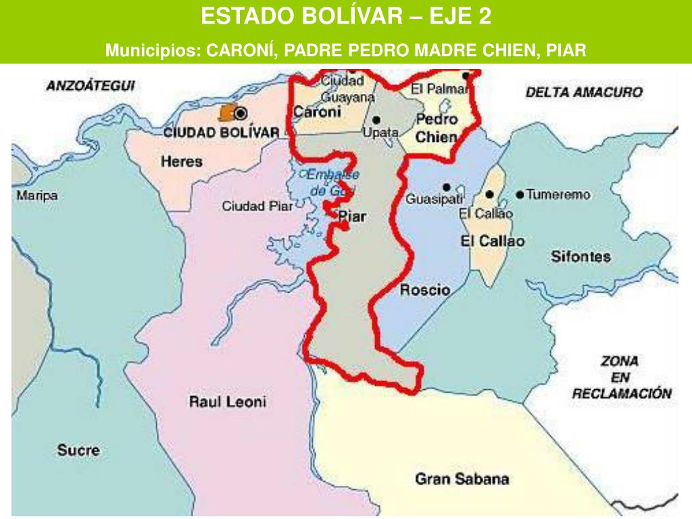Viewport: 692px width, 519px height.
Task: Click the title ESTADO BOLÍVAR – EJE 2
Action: tap(346, 16)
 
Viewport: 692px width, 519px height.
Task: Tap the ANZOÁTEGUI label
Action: tap(91, 86)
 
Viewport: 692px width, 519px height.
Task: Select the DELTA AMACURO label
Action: tap(584, 93)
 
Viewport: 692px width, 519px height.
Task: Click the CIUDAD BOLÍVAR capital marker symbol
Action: tap(241, 114)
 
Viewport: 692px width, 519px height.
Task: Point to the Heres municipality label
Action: tap(182, 162)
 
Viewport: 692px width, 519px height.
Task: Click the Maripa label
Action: tap(37, 196)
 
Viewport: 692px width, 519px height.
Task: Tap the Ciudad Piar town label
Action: tap(257, 206)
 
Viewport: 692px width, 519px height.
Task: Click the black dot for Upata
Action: tap(376, 120)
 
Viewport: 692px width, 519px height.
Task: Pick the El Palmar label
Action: tap(435, 89)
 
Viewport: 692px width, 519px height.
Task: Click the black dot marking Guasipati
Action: tap(446, 187)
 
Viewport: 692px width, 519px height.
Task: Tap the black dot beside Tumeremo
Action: tap(519, 195)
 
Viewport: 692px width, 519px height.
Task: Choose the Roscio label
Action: tap(425, 291)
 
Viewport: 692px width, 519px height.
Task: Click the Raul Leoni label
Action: tap(227, 402)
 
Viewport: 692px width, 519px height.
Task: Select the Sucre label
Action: tap(78, 450)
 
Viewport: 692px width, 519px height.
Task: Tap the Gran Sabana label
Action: tap(462, 479)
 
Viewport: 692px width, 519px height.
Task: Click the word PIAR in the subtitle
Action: tap(564, 50)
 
